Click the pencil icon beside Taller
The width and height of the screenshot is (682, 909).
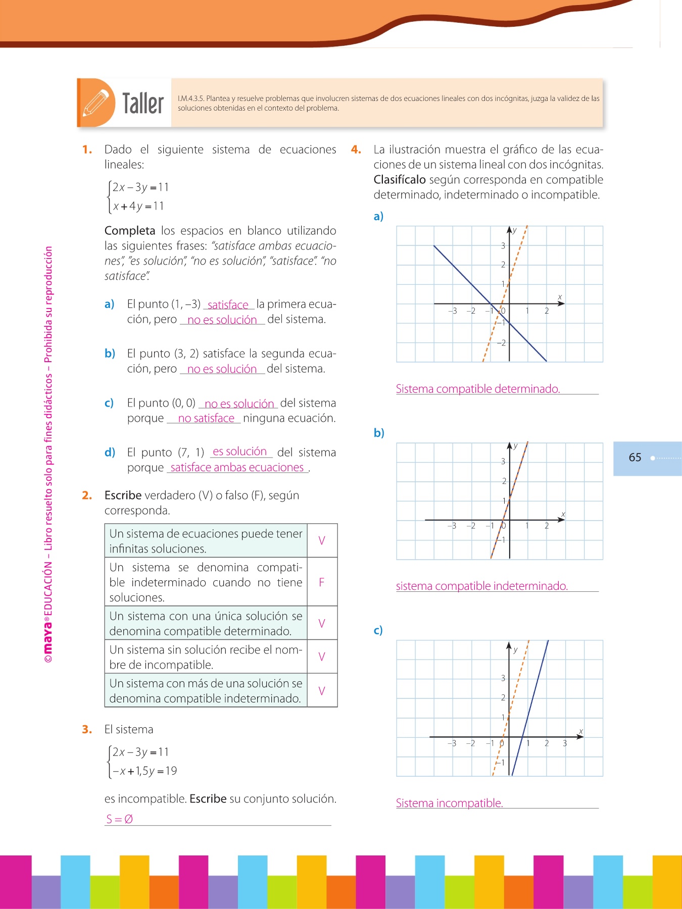[x=96, y=103]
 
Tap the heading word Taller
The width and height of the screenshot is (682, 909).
[x=143, y=104]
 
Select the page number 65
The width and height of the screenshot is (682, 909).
[x=635, y=458]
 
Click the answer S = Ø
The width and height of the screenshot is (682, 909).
[x=120, y=819]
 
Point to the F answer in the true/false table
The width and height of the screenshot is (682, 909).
[x=322, y=582]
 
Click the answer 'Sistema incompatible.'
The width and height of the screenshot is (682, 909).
[x=449, y=803]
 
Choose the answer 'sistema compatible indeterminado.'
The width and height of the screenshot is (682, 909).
[x=481, y=586]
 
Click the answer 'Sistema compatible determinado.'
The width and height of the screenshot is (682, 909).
[x=477, y=389]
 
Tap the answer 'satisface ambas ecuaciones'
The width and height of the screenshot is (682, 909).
[x=237, y=468]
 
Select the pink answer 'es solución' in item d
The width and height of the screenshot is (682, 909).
[x=239, y=451]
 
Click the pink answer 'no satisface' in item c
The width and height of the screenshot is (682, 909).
[x=206, y=418]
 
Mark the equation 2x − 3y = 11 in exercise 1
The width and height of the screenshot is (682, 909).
[x=140, y=187]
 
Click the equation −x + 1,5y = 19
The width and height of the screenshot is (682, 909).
[x=144, y=771]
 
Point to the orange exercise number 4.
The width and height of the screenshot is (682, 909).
[x=356, y=149]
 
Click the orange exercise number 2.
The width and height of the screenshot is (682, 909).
[x=87, y=495]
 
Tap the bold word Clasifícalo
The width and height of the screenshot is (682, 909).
[x=400, y=180]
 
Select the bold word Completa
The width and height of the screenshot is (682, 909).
[x=130, y=231]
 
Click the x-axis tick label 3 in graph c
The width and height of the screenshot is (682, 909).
[x=565, y=743]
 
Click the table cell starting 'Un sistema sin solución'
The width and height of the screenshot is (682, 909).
[x=206, y=656]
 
